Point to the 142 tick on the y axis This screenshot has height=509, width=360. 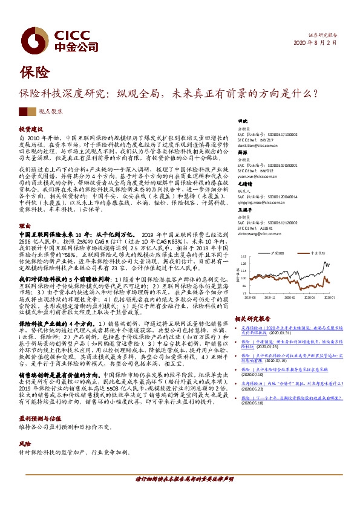pyautogui.click(x=243, y=256)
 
